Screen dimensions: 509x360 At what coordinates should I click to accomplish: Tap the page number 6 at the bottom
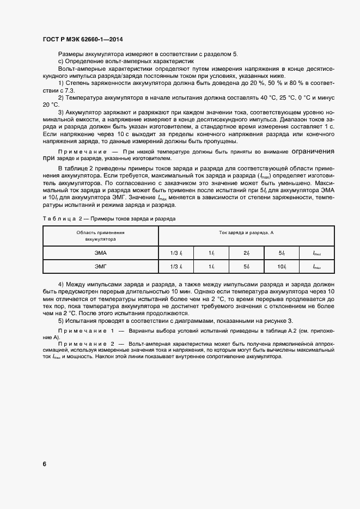click(44, 464)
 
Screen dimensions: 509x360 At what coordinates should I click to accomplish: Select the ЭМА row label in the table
click(100, 253)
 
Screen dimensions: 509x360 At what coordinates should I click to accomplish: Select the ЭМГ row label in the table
click(100, 266)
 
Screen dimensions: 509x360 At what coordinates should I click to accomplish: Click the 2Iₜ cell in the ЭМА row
click(246, 253)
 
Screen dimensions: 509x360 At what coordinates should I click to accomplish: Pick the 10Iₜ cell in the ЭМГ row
click(282, 266)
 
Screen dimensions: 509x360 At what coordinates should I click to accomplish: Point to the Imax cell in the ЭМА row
click(316, 253)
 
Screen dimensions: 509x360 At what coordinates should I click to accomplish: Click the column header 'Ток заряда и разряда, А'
click(246, 233)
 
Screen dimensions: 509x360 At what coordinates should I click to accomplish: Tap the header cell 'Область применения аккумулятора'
click(100, 236)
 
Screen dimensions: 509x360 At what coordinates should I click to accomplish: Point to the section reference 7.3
click(68, 89)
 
